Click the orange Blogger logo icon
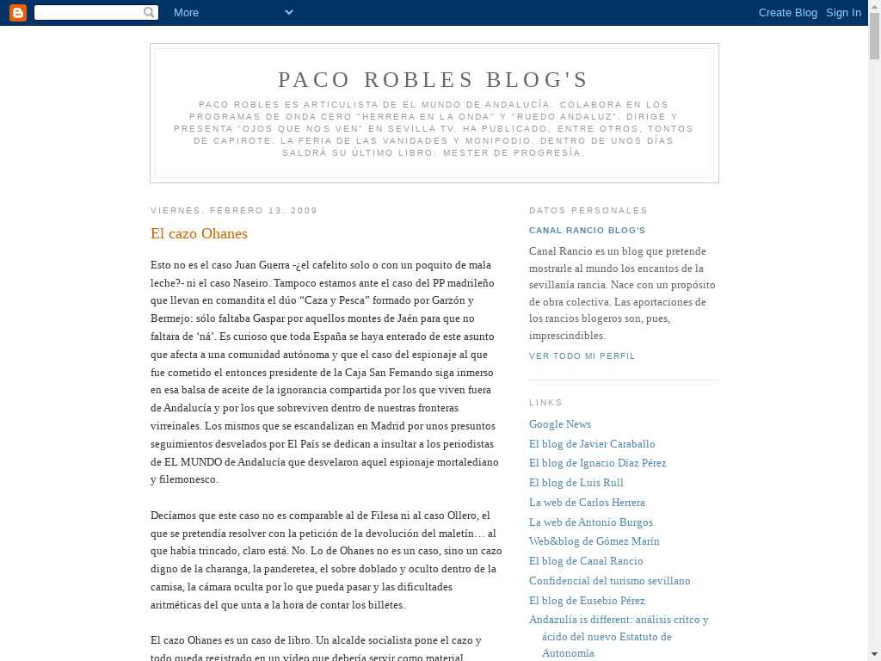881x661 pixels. [x=17, y=12]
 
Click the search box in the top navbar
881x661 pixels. [x=89, y=12]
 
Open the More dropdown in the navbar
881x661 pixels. [x=232, y=12]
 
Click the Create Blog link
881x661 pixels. [x=787, y=12]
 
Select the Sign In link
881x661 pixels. [x=843, y=12]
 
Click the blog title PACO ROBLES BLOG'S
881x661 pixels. [x=434, y=80]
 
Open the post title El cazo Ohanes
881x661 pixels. [x=199, y=233]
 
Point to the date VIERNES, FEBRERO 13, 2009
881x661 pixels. [x=234, y=210]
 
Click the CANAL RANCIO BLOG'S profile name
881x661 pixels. [x=587, y=231]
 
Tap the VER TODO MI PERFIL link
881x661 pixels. [x=582, y=355]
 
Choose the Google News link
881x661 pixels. [x=560, y=423]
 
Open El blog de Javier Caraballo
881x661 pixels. [x=592, y=443]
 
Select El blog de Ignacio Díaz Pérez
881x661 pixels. [x=597, y=463]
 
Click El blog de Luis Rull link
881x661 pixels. [x=576, y=483]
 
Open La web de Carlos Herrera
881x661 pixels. [x=587, y=503]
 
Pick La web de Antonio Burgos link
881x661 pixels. [x=591, y=522]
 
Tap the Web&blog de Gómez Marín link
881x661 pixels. [x=595, y=541]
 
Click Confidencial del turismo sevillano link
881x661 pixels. [x=609, y=581]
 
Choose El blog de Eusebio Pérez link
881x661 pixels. [x=587, y=601]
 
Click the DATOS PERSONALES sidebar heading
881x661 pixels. [x=588, y=210]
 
